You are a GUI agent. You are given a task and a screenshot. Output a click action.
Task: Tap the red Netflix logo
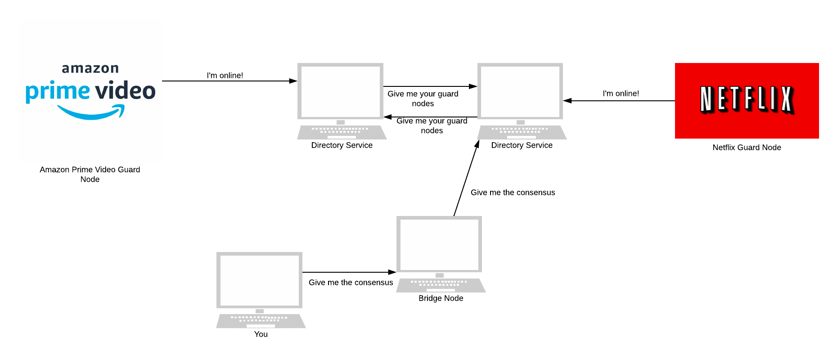[x=747, y=100]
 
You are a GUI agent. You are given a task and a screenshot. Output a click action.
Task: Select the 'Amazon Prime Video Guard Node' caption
[x=90, y=174]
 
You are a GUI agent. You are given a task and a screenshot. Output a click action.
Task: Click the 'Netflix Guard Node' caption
[x=747, y=148]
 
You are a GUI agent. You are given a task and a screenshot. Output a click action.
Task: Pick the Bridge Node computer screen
[x=439, y=244]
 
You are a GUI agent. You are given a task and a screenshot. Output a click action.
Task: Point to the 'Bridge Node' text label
[x=441, y=298]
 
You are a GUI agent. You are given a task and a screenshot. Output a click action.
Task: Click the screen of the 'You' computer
[x=259, y=280]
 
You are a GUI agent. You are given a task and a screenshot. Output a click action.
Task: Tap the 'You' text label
[x=261, y=334]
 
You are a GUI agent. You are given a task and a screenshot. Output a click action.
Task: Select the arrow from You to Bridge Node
[x=349, y=272]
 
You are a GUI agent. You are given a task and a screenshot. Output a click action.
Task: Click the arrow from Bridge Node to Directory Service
[x=466, y=178]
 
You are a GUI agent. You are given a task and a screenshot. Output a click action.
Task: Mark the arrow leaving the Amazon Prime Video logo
[x=229, y=81]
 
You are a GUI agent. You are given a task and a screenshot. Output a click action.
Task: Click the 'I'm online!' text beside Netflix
[x=621, y=94]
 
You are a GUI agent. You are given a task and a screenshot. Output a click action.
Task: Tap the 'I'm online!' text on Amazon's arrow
[x=225, y=76]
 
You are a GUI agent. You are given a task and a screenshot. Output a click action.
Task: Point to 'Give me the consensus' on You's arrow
[x=351, y=283]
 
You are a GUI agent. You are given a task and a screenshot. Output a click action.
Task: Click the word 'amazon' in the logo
[x=90, y=68]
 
